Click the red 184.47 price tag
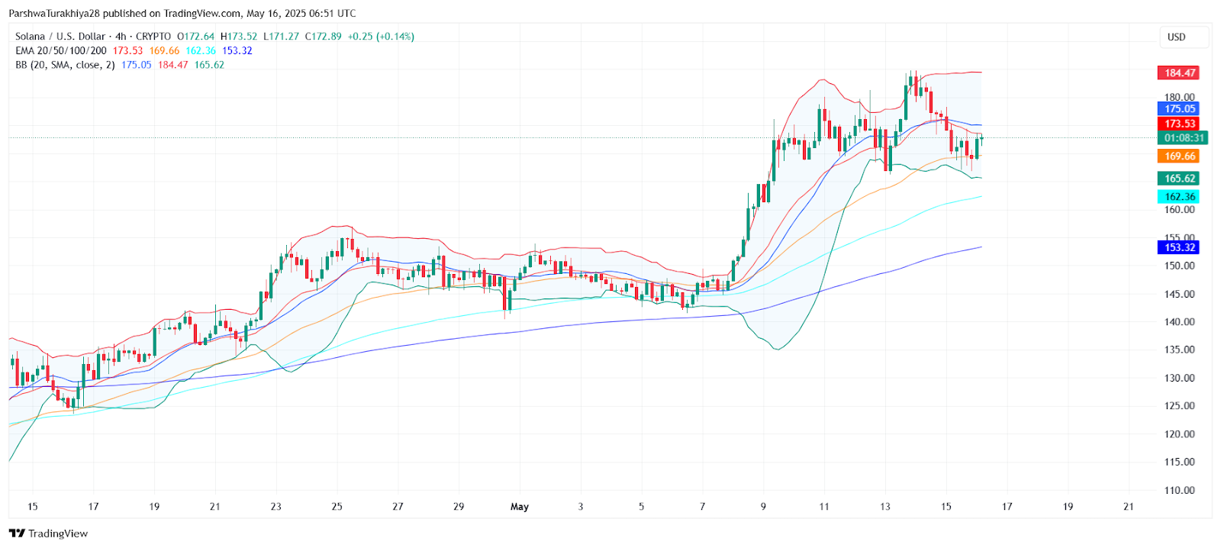pyautogui.click(x=1179, y=73)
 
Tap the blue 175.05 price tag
pyautogui.click(x=1179, y=109)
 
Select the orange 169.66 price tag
pyautogui.click(x=1179, y=156)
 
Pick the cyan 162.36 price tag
pyautogui.click(x=1179, y=197)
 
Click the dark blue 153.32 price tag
pyautogui.click(x=1179, y=247)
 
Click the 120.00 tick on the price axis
pyautogui.click(x=1179, y=434)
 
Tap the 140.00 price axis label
pyautogui.click(x=1179, y=322)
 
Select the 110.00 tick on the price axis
pyautogui.click(x=1179, y=491)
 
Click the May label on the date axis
pyautogui.click(x=520, y=507)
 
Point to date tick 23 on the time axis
pyautogui.click(x=276, y=507)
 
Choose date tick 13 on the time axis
pyautogui.click(x=885, y=507)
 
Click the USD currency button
pyautogui.click(x=1177, y=37)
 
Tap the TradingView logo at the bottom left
pyautogui.click(x=49, y=533)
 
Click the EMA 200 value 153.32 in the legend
pyautogui.click(x=237, y=51)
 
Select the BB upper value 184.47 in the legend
pyautogui.click(x=172, y=66)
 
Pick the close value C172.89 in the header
pyautogui.click(x=324, y=37)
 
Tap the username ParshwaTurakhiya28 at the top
pyautogui.click(x=54, y=14)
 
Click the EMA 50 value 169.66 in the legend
pyautogui.click(x=164, y=51)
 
